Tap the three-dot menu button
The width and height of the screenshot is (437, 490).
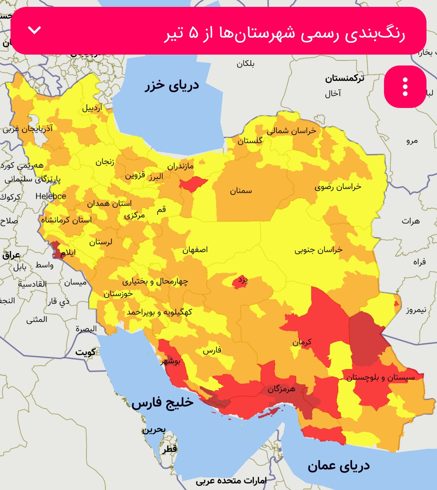pos(405,87)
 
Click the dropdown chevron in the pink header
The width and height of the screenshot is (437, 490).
pos(35,30)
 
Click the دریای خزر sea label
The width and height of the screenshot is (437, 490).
pos(172,86)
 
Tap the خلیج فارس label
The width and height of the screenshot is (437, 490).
pos(162,403)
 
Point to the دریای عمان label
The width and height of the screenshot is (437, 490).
pos(338,466)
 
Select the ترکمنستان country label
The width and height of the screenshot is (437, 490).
pos(344,78)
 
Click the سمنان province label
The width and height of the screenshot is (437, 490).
pos(241,191)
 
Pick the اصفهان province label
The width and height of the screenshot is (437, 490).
pos(195,250)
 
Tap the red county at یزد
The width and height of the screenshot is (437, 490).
pos(240,282)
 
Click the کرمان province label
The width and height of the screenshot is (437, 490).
pos(302,342)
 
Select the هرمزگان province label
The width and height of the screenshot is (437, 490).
pos(281,389)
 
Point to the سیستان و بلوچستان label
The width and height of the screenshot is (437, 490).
pos(380,378)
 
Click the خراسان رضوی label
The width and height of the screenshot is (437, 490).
pos(338,187)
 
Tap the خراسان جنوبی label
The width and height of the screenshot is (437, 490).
pos(318,249)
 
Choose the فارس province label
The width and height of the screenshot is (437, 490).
pos(212,351)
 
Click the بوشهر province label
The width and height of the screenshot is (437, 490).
pos(170,361)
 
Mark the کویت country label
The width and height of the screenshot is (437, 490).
pos(85,353)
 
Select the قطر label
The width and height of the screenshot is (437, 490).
pos(170,449)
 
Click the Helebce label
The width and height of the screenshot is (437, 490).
pos(51,196)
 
